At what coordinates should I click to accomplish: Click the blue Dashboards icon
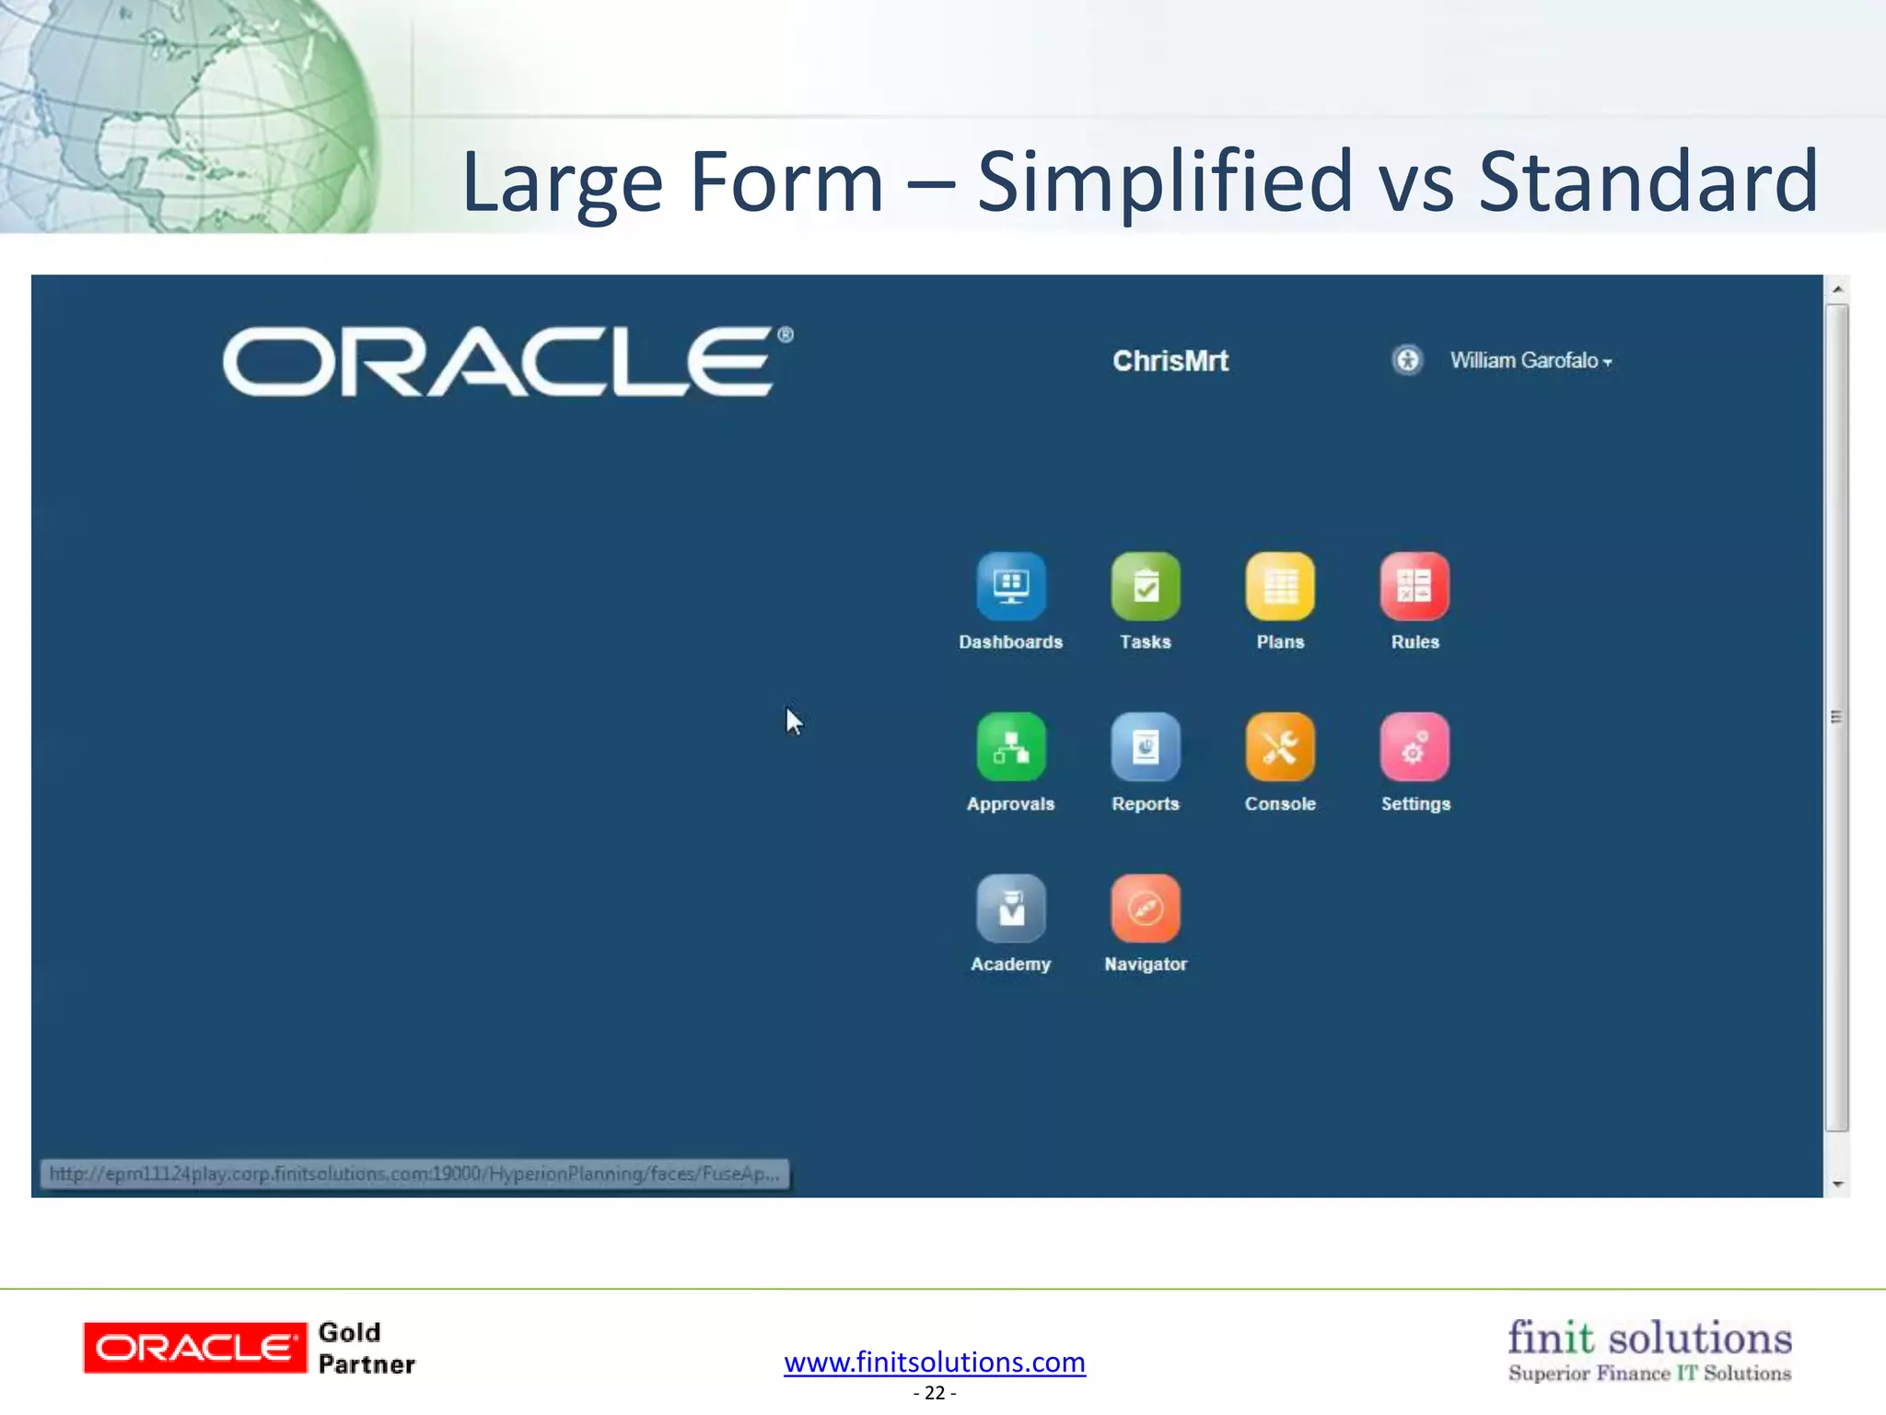click(1010, 586)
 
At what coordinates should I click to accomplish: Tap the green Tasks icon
click(1145, 586)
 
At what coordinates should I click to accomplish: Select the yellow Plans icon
click(1280, 586)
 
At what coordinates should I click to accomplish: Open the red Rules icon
click(1414, 586)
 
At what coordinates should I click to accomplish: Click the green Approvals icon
click(1010, 747)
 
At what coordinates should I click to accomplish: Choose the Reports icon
click(1145, 747)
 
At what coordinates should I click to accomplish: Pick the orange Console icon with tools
click(1280, 747)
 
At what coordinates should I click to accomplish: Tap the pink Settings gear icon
click(1414, 747)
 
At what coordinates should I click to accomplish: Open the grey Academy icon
click(1010, 908)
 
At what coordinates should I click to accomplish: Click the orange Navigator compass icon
click(1145, 908)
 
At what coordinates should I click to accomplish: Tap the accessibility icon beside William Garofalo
click(1407, 359)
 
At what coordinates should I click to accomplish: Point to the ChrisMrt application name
click(1170, 360)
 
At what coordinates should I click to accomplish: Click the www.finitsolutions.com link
click(934, 1362)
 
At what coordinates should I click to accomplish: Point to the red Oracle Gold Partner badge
click(194, 1348)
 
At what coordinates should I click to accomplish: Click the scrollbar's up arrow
click(1837, 289)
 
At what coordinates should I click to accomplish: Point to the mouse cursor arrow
click(793, 721)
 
